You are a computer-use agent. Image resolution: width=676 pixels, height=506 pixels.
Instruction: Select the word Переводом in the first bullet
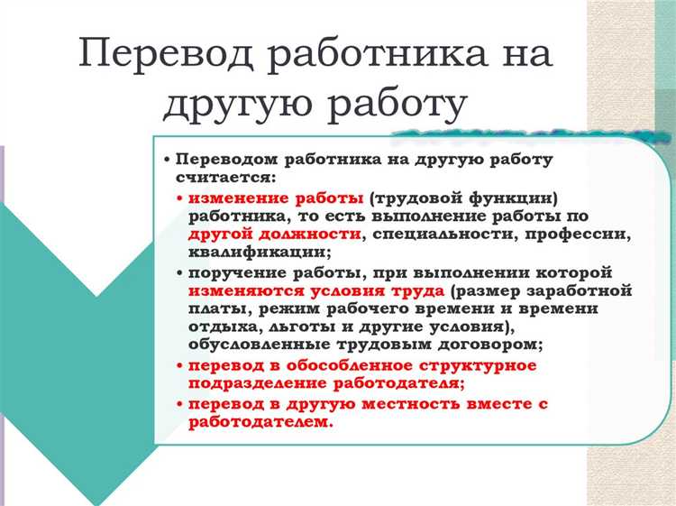(224, 159)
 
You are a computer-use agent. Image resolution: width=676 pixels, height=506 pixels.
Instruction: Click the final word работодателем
(260, 420)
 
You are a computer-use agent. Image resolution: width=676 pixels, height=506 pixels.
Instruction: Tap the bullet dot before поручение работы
(180, 272)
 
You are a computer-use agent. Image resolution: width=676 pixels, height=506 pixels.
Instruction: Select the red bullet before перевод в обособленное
(180, 365)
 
